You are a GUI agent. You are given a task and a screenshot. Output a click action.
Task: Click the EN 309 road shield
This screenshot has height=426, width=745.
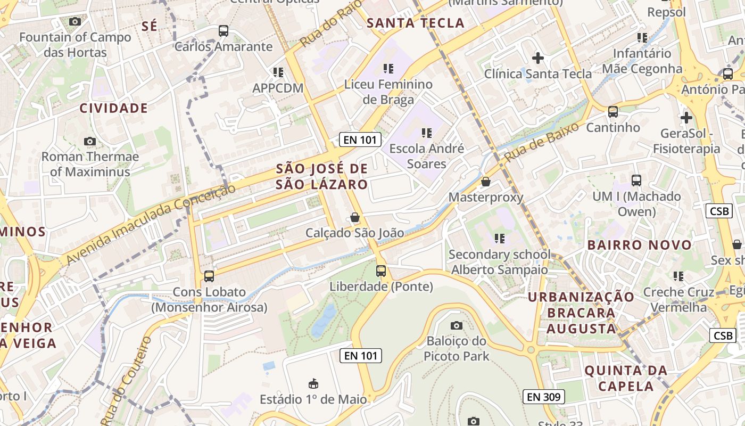coord(543,396)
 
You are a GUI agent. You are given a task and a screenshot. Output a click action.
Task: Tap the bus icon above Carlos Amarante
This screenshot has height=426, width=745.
coord(223,31)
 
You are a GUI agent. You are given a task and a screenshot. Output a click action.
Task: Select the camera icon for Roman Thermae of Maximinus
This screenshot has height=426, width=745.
coord(90,141)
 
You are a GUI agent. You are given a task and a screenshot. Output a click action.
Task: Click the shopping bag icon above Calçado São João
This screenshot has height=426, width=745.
coord(354,217)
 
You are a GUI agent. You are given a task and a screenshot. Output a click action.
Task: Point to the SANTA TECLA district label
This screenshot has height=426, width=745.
coord(416,23)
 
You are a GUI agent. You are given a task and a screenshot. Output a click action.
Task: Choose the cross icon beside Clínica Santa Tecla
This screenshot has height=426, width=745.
coord(538,58)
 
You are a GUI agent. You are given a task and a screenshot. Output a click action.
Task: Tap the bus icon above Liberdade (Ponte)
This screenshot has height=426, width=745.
coord(381,271)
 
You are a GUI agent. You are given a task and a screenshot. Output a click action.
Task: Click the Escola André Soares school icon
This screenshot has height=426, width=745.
coord(427,133)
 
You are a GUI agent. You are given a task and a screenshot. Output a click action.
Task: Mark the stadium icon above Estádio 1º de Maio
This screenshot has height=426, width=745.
coord(313,383)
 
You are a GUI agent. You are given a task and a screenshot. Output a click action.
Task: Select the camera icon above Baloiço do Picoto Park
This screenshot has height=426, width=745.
coord(456,325)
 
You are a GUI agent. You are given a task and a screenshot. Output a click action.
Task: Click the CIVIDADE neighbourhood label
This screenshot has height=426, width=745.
coord(113,108)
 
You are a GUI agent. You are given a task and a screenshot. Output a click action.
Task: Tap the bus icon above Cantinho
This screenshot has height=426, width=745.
coord(613,112)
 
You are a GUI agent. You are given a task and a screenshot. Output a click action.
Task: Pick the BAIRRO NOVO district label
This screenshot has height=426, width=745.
coord(639,245)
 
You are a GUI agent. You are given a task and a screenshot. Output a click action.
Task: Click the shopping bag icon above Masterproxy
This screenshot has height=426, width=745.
coord(485,182)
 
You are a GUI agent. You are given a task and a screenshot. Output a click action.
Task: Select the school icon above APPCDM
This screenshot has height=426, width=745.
coord(278,72)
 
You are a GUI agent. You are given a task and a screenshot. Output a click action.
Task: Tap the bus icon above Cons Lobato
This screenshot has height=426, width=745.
coord(209,276)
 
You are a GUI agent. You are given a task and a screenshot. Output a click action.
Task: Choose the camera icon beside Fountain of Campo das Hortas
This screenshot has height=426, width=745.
coord(75,21)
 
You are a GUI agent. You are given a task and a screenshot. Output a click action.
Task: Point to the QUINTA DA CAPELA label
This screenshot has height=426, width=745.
coord(626,378)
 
